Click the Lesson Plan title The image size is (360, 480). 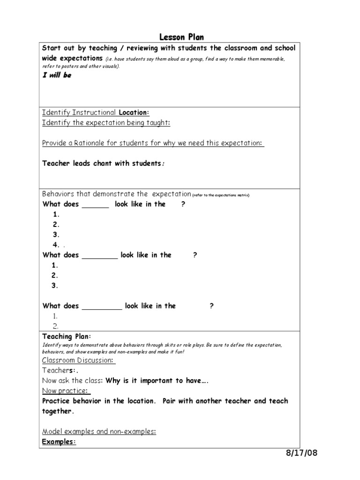[182, 37]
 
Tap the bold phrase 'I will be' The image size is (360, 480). [57, 75]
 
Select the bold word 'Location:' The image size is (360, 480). [134, 112]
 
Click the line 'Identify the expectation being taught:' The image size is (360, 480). [106, 123]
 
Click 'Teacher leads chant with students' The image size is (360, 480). [102, 164]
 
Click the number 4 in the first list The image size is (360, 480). [56, 245]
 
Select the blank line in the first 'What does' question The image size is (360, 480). [96, 204]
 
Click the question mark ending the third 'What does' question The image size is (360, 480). [212, 306]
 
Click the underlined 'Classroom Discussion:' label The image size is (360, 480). [79, 360]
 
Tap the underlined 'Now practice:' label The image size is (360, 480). [66, 390]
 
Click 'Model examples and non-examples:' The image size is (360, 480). [99, 431]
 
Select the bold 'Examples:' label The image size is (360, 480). [59, 442]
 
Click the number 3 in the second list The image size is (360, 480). [55, 285]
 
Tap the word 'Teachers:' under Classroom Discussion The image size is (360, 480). [58, 370]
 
